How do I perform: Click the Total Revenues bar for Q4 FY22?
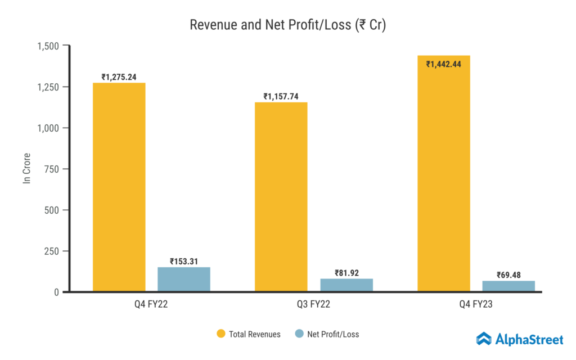(x=119, y=187)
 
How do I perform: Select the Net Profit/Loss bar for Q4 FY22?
(x=184, y=279)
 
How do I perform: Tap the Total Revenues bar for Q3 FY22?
(x=281, y=197)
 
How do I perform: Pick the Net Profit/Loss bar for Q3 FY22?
(x=346, y=285)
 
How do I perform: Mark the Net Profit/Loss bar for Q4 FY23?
(x=508, y=286)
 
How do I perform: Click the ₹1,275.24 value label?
(x=119, y=77)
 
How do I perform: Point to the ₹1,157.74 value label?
(x=281, y=96)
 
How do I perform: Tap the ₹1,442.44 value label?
(x=444, y=64)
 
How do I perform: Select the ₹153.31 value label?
(x=184, y=261)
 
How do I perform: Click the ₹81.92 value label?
(x=346, y=273)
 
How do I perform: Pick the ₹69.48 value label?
(x=508, y=275)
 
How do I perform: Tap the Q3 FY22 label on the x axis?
(x=314, y=306)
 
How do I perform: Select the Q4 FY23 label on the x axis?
(x=476, y=306)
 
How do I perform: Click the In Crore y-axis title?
(x=26, y=168)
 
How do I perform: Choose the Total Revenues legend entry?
(x=249, y=334)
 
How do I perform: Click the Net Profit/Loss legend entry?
(x=327, y=334)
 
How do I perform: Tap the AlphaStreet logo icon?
(x=484, y=339)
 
